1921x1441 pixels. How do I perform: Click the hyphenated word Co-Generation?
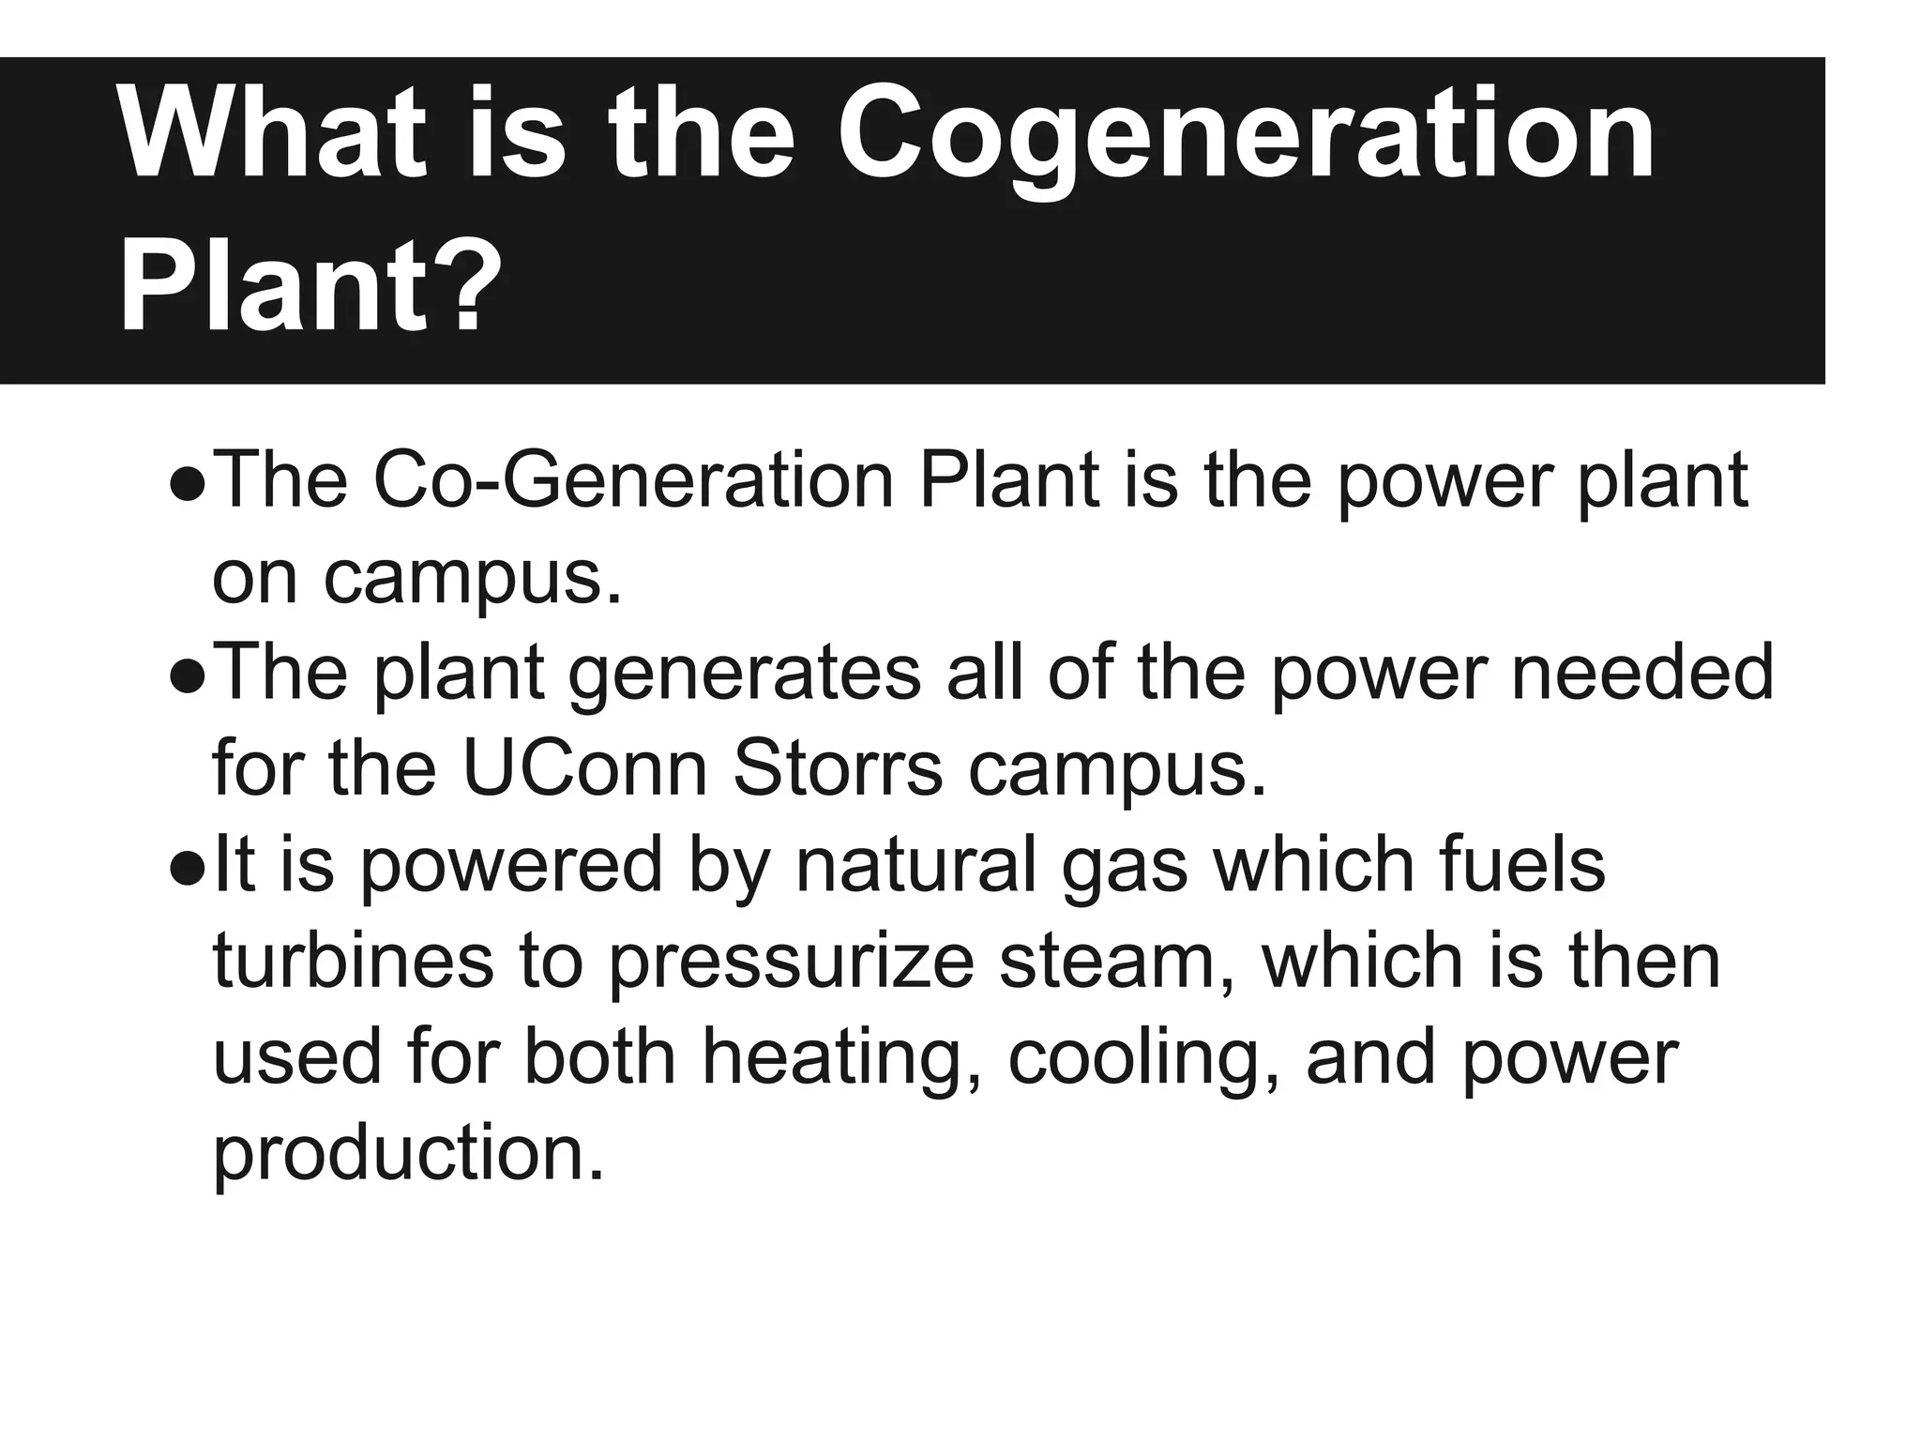pyautogui.click(x=633, y=480)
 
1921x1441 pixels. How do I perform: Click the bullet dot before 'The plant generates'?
pyautogui.click(x=188, y=680)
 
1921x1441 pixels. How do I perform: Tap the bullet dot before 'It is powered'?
pyautogui.click(x=188, y=871)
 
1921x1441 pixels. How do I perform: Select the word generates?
pyautogui.click(x=746, y=674)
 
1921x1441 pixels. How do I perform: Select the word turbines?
pyautogui.click(x=353, y=961)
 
